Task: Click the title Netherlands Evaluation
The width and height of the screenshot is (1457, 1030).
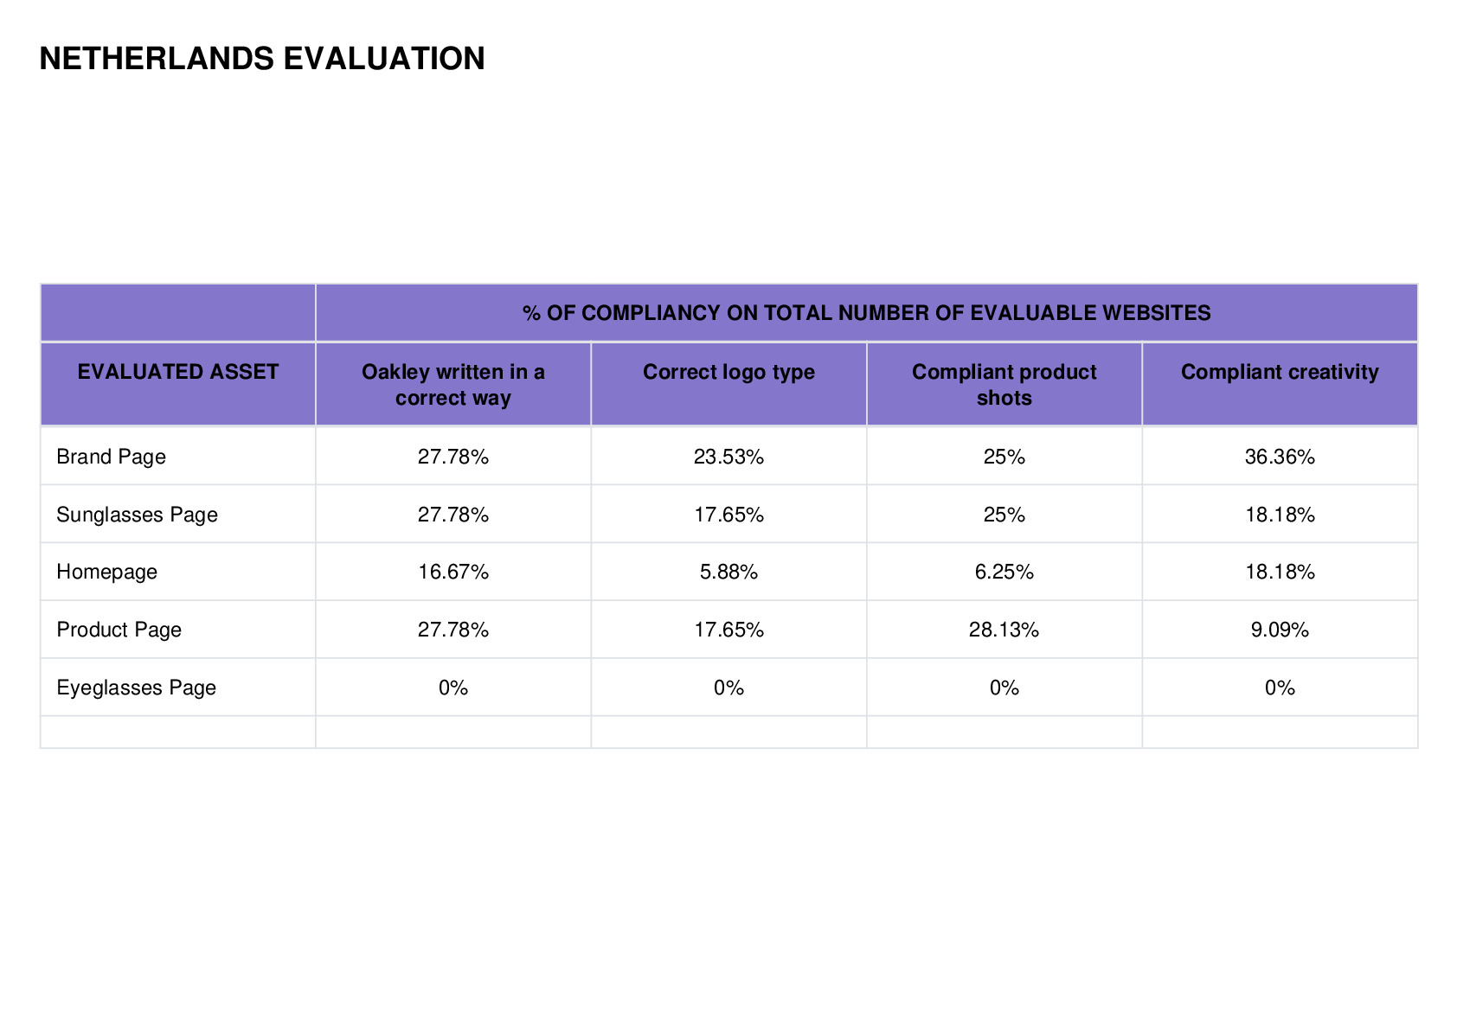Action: tap(262, 59)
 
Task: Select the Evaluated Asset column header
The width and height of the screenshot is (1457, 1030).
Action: tap(177, 371)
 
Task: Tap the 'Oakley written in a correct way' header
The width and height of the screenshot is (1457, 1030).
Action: tap(453, 384)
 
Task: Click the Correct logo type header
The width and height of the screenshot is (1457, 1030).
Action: tap(728, 372)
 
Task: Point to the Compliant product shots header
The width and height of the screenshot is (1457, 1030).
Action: tap(1004, 384)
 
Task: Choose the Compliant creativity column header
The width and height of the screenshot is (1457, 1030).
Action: tap(1280, 372)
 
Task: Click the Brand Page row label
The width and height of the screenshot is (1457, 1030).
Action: tap(112, 457)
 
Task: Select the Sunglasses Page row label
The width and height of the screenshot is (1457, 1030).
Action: tap(138, 515)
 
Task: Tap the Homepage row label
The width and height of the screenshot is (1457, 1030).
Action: tap(106, 573)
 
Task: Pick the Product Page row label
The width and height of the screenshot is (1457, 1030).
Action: tap(119, 630)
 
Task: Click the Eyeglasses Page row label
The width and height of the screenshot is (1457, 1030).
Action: tap(136, 688)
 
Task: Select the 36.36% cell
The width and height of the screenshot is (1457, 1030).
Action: tap(1280, 457)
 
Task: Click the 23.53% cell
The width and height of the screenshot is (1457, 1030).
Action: tap(728, 457)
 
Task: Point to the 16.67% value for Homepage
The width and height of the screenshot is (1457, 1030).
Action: tap(453, 572)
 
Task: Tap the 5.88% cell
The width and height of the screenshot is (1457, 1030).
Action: tap(728, 572)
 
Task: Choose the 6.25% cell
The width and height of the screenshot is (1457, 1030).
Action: tap(1004, 572)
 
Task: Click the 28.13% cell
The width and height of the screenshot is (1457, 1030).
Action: tap(1004, 630)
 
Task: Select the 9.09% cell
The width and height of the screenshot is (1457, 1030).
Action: tap(1280, 630)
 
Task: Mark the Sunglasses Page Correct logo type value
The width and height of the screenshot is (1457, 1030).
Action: tap(728, 515)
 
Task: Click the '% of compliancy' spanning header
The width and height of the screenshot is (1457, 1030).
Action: tap(866, 313)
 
